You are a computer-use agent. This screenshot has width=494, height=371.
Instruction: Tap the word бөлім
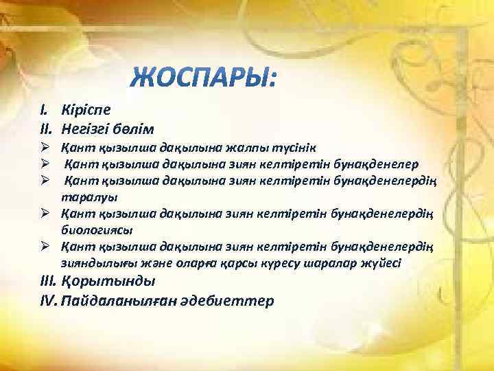click(136, 128)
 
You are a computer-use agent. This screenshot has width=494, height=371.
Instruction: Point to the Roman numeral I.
click(43, 109)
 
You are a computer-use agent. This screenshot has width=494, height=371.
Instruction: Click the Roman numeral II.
click(45, 128)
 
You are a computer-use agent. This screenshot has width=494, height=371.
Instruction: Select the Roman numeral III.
click(48, 281)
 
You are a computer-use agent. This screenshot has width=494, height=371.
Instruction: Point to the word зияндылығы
click(94, 262)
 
